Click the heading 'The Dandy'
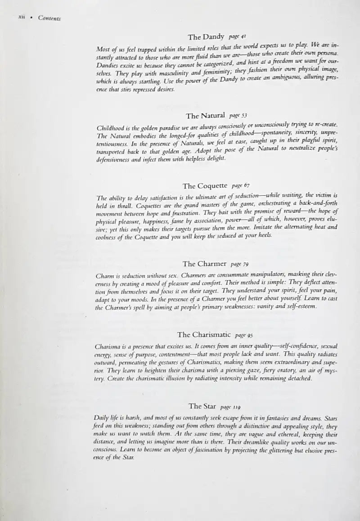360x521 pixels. pos(206,37)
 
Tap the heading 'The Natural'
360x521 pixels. pos(205,116)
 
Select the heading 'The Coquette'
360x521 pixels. pos(205,186)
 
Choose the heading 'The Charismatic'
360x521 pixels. pos(204,335)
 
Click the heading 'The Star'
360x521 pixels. pos(202,406)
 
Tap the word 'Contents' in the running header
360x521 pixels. pos(49,18)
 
